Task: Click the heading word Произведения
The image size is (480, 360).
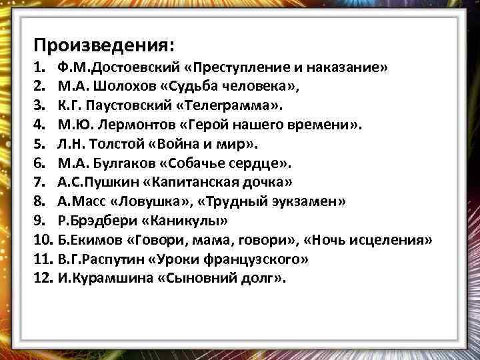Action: click(x=105, y=46)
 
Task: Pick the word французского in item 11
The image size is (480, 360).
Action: click(x=242, y=259)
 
